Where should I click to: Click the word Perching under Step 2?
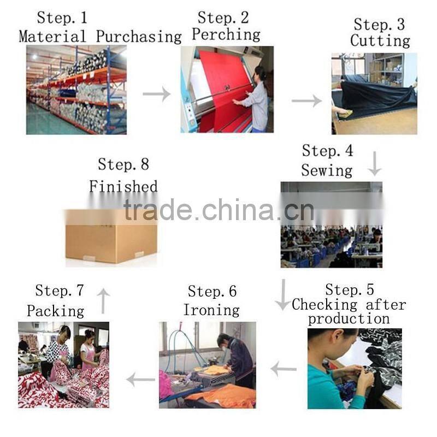click(x=226, y=35)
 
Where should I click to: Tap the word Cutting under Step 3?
click(x=380, y=40)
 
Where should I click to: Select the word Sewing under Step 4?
click(x=327, y=170)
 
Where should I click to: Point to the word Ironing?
click(x=211, y=310)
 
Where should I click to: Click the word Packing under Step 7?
click(x=56, y=311)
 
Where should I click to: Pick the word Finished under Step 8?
click(x=123, y=186)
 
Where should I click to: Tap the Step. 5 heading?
click(x=350, y=290)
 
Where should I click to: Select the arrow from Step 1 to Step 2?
click(x=157, y=94)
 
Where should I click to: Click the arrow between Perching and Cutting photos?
click(x=306, y=101)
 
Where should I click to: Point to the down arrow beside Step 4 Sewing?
click(x=375, y=164)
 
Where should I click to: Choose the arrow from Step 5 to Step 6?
click(x=284, y=369)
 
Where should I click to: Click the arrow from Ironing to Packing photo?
click(x=140, y=379)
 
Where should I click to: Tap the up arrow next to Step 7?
click(x=103, y=301)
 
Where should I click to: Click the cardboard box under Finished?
click(x=111, y=237)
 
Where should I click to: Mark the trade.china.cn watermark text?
click(x=219, y=210)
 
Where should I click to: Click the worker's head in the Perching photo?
click(x=260, y=74)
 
